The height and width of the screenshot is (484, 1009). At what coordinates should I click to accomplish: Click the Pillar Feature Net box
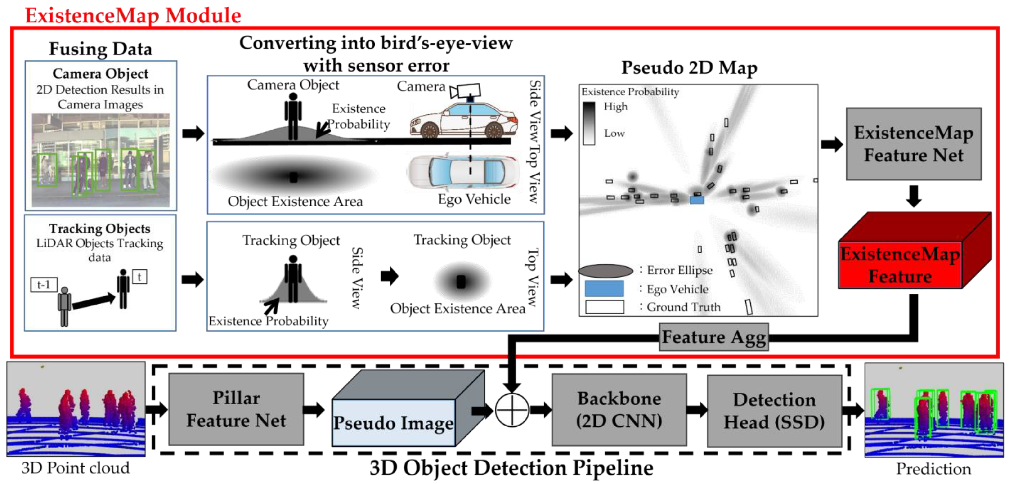click(236, 409)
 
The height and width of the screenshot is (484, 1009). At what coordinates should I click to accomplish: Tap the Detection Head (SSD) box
click(774, 410)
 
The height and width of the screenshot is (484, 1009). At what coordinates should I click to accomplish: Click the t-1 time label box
click(44, 284)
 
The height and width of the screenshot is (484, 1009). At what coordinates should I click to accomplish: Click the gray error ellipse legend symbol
click(605, 271)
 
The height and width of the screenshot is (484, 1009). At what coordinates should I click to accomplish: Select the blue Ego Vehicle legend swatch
click(604, 289)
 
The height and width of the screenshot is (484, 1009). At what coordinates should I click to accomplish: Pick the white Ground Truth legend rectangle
click(604, 307)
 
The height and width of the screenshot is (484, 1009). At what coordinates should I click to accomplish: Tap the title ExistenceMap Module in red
click(133, 16)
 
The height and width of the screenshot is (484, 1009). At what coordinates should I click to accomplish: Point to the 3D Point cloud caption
click(75, 468)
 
